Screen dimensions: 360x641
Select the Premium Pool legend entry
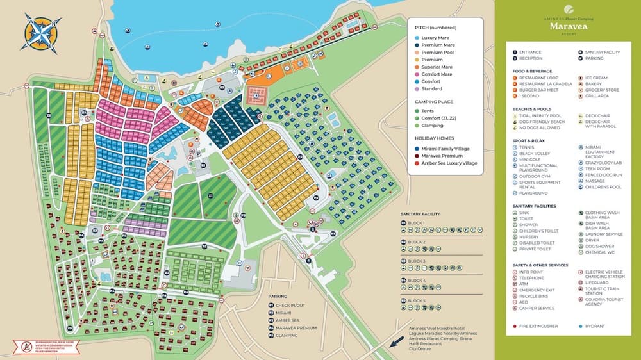click(x=438, y=53)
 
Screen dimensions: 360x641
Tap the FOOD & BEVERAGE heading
click(x=532, y=70)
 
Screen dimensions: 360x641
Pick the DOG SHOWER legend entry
click(x=599, y=247)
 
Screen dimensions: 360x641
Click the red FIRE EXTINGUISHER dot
click(x=515, y=326)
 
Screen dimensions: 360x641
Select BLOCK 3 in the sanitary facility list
click(x=417, y=261)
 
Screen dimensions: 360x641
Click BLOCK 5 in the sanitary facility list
click(x=417, y=300)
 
